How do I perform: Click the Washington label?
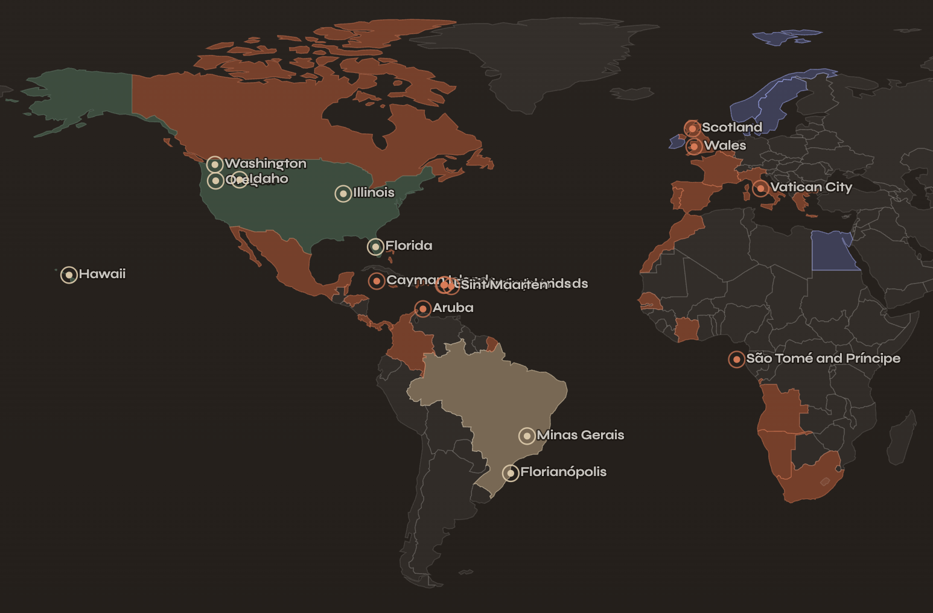[266, 164]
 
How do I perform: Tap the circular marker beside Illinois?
[343, 194]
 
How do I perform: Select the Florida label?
[409, 246]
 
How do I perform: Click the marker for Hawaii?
[69, 275]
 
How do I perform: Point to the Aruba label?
[453, 308]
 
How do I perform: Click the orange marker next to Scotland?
[692, 129]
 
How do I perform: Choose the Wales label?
[725, 145]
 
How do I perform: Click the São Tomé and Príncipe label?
[823, 358]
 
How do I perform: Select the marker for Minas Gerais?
[527, 436]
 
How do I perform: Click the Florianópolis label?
[563, 472]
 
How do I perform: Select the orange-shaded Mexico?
[284, 259]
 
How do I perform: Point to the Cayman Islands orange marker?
[377, 281]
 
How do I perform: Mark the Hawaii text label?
[102, 274]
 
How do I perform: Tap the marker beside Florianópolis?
[511, 473]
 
